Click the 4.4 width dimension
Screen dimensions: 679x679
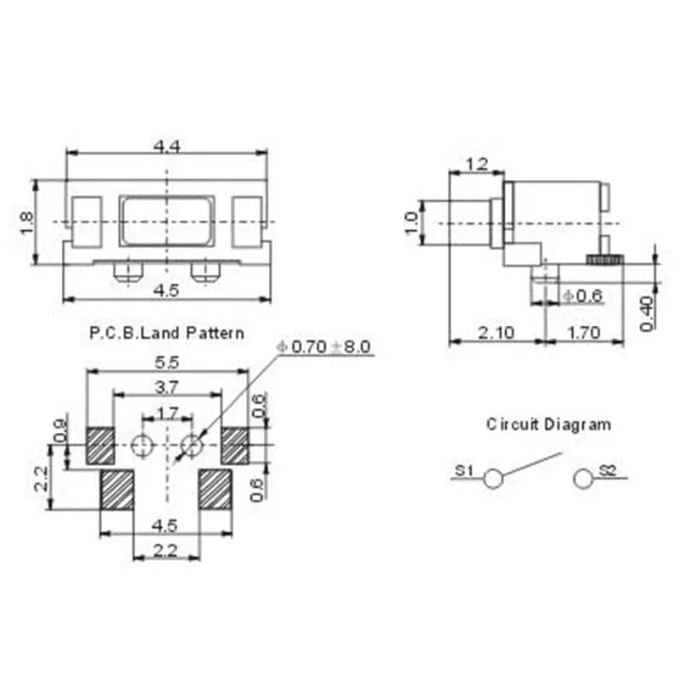tap(166, 146)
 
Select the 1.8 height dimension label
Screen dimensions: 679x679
tap(26, 222)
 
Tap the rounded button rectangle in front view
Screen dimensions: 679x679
tap(166, 221)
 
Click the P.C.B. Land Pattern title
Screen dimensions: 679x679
tap(166, 333)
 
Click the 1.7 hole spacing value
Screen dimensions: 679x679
tap(167, 413)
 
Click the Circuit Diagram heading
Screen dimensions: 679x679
tap(547, 424)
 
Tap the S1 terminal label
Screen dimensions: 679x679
tap(463, 469)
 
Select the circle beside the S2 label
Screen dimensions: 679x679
tap(583, 480)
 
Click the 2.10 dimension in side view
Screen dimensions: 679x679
tap(496, 333)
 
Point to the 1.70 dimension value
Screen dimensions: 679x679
tap(584, 333)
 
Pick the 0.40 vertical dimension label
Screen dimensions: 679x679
tap(647, 313)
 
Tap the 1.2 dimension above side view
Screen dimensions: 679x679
tap(476, 164)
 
